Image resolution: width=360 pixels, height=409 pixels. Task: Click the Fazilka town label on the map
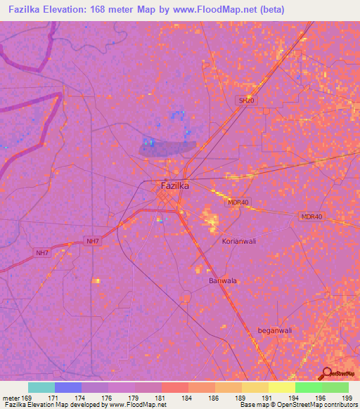[x=175, y=186]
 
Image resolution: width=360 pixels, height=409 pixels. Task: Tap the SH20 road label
[x=245, y=101]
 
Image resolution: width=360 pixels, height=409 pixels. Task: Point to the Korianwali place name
[x=238, y=241]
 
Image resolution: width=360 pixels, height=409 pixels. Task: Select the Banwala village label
[x=223, y=281]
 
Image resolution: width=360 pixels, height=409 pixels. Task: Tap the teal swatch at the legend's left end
[x=41, y=387]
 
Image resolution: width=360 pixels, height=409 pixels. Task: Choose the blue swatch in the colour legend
[x=68, y=387]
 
